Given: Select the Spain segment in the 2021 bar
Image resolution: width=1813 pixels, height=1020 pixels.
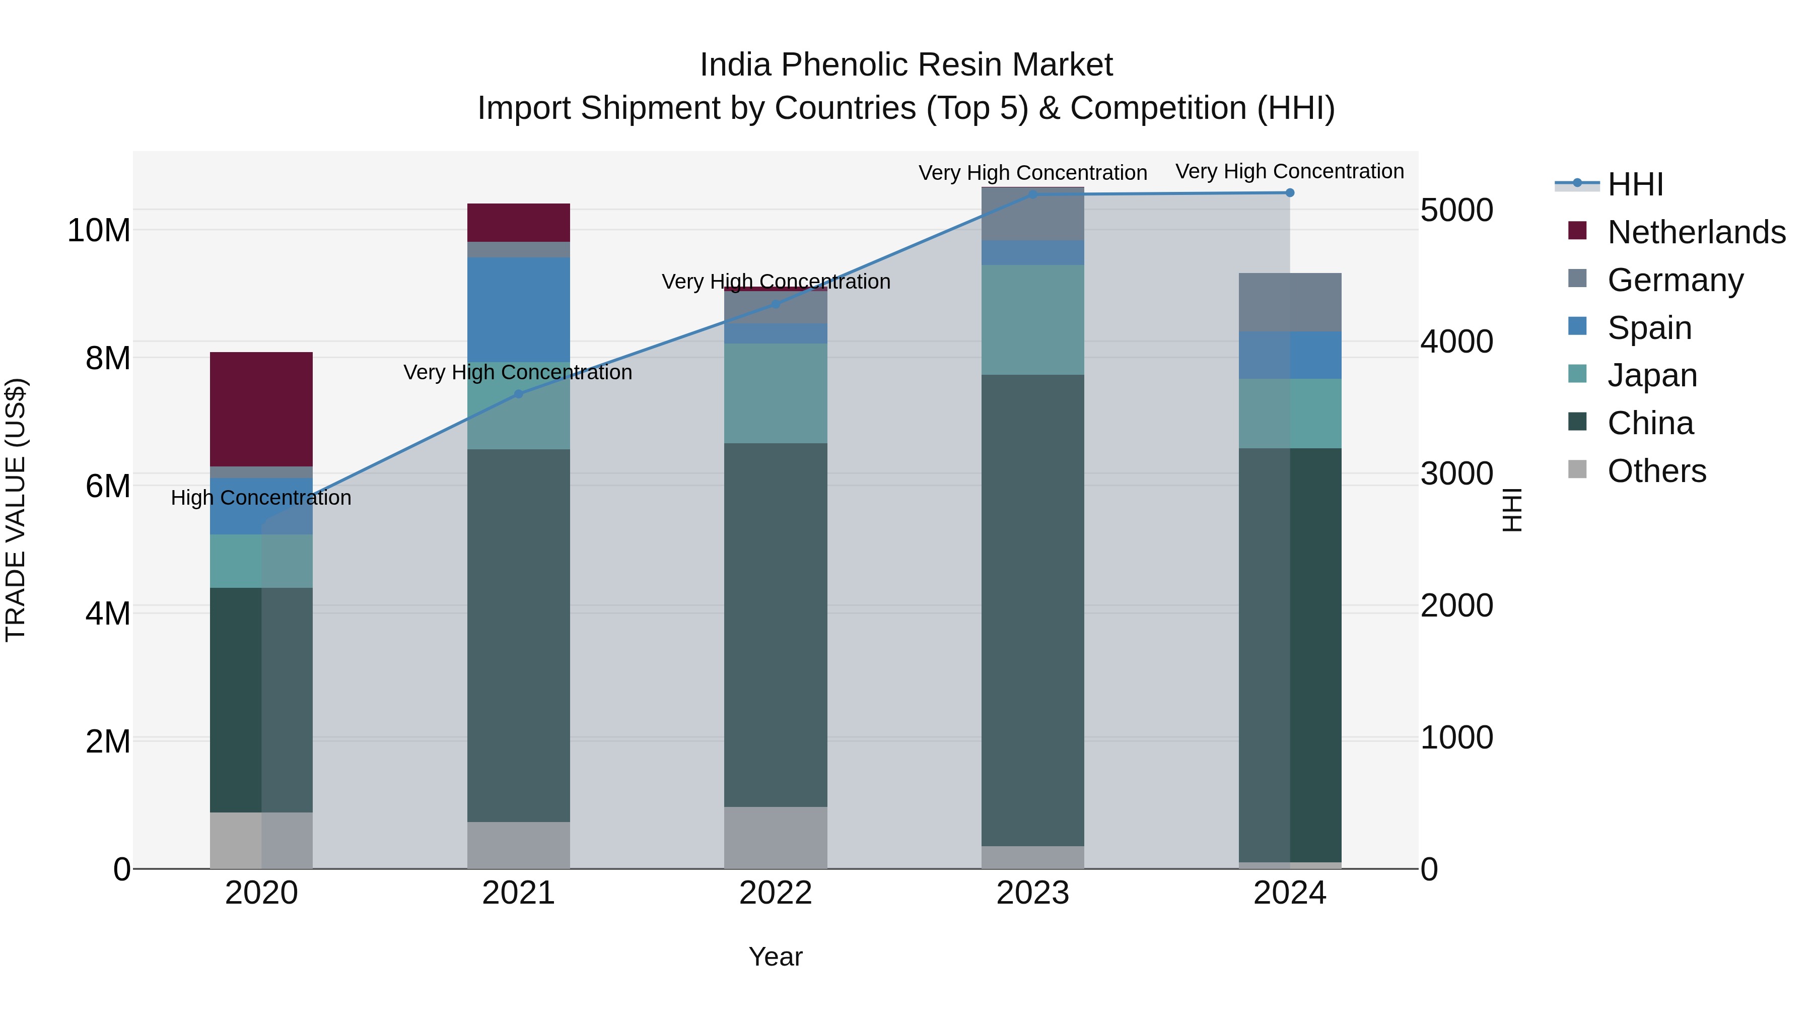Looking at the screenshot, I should [518, 310].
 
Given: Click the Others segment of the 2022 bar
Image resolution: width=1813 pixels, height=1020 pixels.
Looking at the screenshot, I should [776, 837].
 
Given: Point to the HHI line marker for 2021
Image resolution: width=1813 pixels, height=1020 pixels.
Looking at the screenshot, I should [518, 394].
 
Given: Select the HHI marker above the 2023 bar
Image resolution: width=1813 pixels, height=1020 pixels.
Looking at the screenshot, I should [1032, 194].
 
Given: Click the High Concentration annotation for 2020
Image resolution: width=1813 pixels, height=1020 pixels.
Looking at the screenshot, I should [261, 498].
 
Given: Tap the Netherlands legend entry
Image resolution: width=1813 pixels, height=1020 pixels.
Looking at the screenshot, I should [1696, 232].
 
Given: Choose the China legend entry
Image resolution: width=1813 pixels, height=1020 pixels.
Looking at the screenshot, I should [1650, 423].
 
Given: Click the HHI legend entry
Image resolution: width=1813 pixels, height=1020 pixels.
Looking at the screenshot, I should [1634, 184].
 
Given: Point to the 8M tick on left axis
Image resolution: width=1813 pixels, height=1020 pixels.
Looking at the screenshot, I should [108, 358].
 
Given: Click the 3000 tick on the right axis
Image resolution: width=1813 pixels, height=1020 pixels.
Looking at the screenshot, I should [1456, 474].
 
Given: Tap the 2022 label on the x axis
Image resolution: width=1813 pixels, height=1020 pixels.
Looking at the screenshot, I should [776, 893].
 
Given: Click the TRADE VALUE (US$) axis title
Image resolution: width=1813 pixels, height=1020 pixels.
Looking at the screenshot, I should [16, 510].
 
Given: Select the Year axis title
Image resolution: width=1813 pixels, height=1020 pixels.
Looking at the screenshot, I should [776, 957].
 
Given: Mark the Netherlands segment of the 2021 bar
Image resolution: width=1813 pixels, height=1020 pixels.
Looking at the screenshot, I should [518, 223].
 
